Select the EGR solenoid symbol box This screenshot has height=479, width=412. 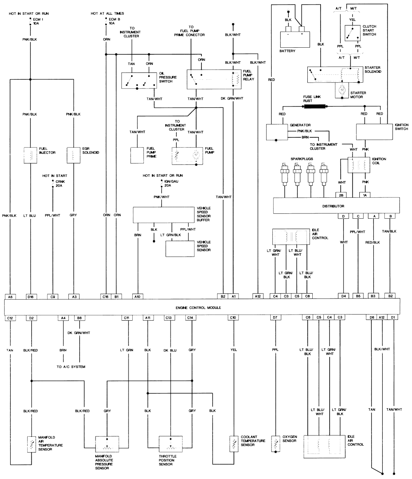[73, 155]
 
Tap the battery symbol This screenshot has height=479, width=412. [295, 39]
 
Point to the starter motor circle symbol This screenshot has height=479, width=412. [342, 90]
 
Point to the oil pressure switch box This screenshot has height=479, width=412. [139, 81]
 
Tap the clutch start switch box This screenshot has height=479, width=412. [352, 33]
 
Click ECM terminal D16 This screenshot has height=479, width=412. [31, 296]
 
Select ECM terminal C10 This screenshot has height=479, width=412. [233, 318]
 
